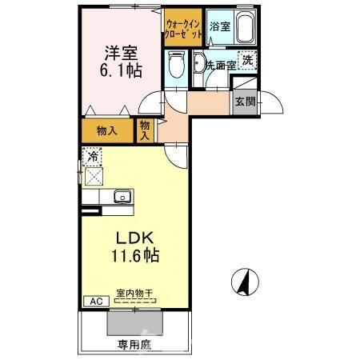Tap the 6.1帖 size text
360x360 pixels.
pos(122,70)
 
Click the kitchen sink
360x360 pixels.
pos(122,196)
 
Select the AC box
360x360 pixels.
pos(94,302)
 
